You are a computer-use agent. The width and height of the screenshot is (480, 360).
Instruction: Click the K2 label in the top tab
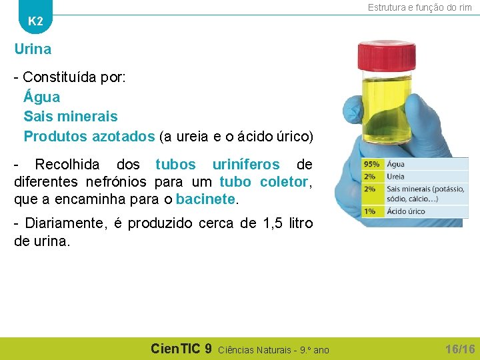pyautogui.click(x=35, y=21)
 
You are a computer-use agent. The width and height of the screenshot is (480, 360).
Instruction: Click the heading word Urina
pyautogui.click(x=33, y=49)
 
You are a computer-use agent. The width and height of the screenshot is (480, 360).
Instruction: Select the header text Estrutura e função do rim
pyautogui.click(x=419, y=7)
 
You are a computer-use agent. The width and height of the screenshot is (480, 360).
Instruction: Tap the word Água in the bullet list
pyautogui.click(x=41, y=97)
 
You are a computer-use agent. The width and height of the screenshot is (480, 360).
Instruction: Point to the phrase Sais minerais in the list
pyautogui.click(x=71, y=117)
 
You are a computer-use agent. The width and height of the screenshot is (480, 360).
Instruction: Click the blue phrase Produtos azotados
pyautogui.click(x=89, y=137)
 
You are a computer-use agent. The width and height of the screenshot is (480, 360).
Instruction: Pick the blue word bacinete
pyautogui.click(x=205, y=199)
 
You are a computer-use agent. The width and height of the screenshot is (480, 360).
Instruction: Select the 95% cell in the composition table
pyautogui.click(x=371, y=164)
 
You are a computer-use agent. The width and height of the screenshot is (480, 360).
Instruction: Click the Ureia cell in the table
pyautogui.click(x=396, y=177)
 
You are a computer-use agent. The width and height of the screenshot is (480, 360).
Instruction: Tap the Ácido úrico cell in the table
pyautogui.click(x=406, y=211)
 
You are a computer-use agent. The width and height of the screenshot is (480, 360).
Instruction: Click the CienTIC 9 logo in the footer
pyautogui.click(x=181, y=349)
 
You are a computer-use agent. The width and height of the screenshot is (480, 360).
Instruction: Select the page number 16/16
pyautogui.click(x=459, y=349)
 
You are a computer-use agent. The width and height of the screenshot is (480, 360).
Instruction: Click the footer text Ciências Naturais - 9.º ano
pyautogui.click(x=273, y=350)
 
